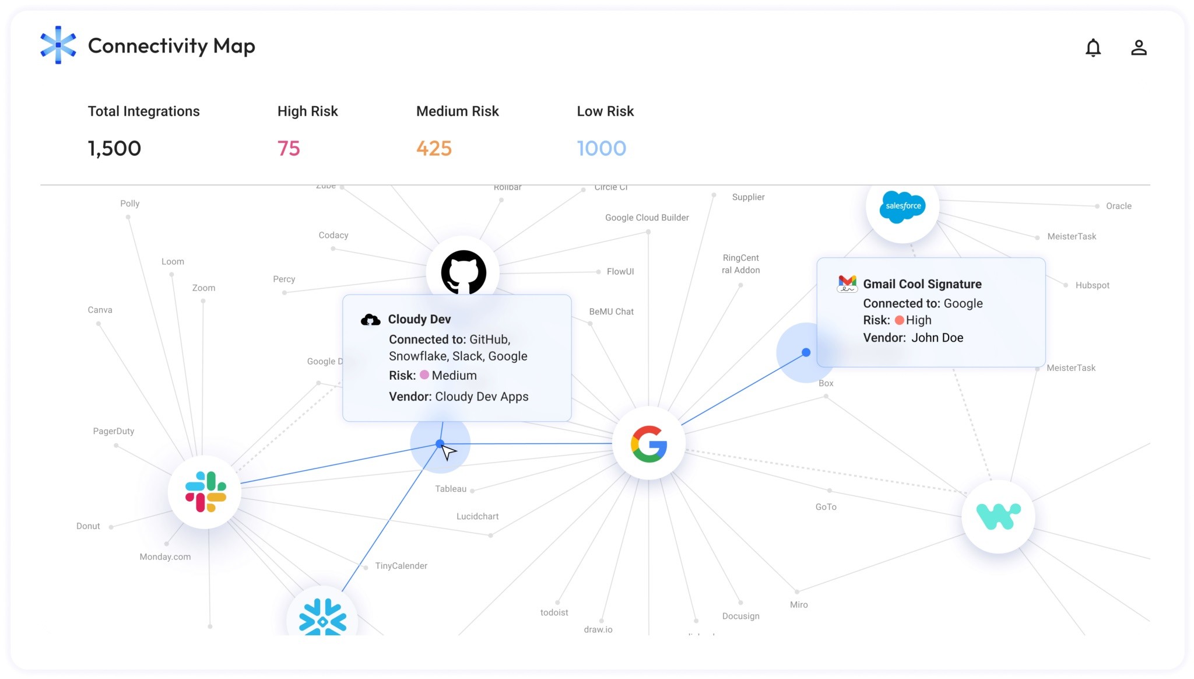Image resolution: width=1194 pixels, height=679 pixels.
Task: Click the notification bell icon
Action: click(1093, 47)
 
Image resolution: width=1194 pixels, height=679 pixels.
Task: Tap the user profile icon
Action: click(1139, 47)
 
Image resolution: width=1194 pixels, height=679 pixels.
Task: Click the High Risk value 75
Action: click(289, 148)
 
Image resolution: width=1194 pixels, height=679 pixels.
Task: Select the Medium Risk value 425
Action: click(434, 148)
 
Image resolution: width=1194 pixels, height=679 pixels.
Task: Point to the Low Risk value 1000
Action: click(601, 148)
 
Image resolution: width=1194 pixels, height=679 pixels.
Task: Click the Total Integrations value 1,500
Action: click(114, 148)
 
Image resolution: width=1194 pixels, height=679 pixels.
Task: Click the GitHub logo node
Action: click(463, 272)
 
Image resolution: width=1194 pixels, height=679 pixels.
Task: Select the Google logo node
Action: click(649, 444)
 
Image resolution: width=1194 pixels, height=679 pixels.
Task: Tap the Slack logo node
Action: click(205, 492)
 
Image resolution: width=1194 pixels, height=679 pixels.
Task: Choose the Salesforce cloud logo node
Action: click(902, 206)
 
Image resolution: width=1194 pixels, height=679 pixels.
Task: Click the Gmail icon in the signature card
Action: click(847, 283)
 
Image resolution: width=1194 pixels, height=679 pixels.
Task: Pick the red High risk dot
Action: click(899, 320)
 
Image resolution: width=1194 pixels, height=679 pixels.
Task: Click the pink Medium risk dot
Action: click(424, 375)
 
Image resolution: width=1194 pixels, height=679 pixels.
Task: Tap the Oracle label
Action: click(1118, 206)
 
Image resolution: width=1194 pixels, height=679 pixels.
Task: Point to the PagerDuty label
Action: click(114, 431)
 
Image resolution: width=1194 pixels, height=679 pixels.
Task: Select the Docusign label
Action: click(740, 616)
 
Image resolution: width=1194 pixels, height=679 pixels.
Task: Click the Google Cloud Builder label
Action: click(647, 218)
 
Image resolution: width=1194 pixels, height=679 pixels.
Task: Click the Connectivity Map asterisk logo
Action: click(58, 45)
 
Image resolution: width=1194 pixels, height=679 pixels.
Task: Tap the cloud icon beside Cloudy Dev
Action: click(371, 319)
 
